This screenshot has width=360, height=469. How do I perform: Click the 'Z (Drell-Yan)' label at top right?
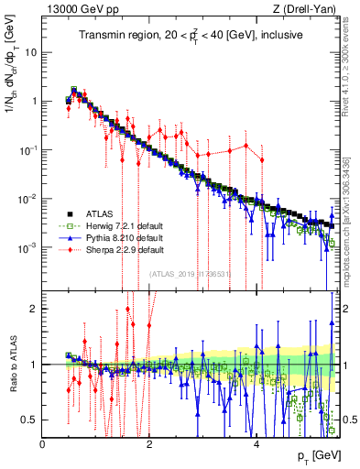point(309,8)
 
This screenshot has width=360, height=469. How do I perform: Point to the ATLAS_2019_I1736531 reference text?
point(190,273)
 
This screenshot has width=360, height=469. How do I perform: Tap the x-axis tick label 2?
point(150,444)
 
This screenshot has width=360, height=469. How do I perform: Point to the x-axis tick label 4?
point(257,444)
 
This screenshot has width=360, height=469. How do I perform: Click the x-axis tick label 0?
point(43,444)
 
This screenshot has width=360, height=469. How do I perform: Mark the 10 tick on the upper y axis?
point(31,51)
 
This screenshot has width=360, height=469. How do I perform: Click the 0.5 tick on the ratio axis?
point(29,420)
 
